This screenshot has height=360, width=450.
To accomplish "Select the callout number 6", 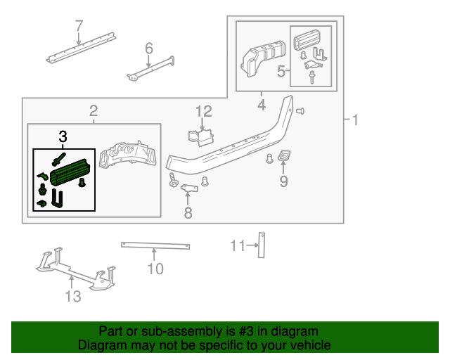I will (x=148, y=49).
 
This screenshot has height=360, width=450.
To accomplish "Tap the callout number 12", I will (x=203, y=111).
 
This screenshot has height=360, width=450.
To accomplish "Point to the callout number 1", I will (x=355, y=121).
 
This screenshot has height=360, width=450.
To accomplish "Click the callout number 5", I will (x=281, y=71).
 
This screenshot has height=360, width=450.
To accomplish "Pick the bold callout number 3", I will (x=63, y=136).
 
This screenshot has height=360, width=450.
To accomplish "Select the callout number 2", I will (x=93, y=110).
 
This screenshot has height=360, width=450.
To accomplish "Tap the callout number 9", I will (x=284, y=182).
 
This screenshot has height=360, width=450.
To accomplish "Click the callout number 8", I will (x=188, y=212).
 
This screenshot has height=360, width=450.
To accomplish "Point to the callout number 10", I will (x=155, y=269).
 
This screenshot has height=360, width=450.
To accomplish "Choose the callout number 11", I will (x=237, y=245).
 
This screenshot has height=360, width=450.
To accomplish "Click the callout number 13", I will (x=73, y=296).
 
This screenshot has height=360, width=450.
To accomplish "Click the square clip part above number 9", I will (x=285, y=157).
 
